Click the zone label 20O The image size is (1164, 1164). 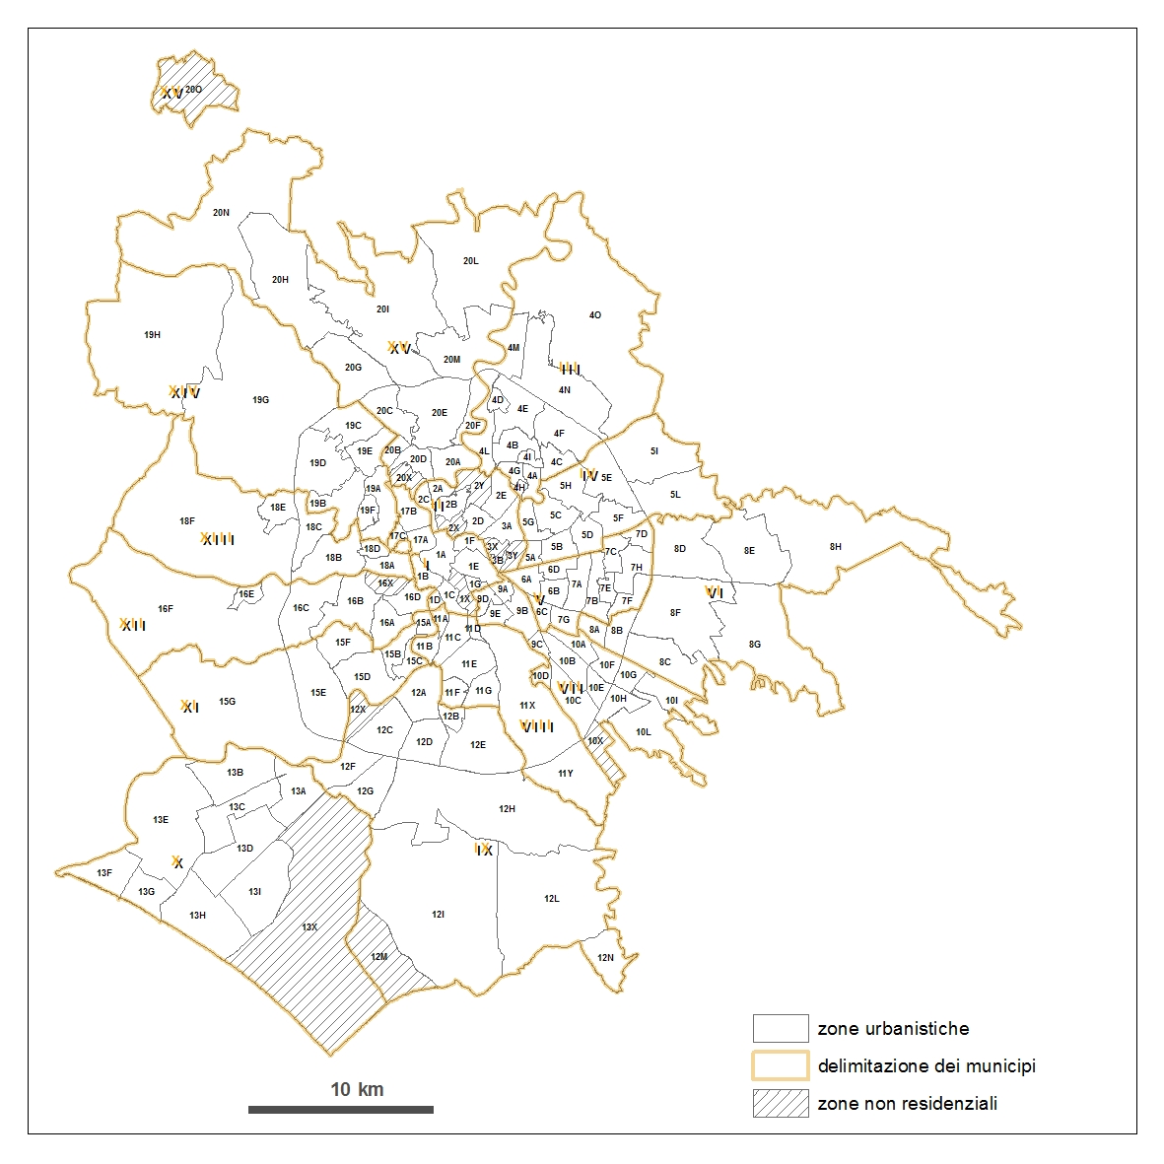[x=194, y=90]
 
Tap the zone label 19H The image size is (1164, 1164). [x=152, y=335]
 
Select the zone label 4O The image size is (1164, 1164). [x=595, y=315]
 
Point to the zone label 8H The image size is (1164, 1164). [x=836, y=546]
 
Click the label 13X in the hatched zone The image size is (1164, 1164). [x=309, y=927]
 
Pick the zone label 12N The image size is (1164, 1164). [x=605, y=958]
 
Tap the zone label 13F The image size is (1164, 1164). [x=104, y=873]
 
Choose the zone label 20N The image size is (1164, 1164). [x=221, y=212]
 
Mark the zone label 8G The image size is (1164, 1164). [x=755, y=645]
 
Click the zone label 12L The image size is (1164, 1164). [x=552, y=899]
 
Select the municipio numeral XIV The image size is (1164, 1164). [x=184, y=393]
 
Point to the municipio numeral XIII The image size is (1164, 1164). [x=217, y=539]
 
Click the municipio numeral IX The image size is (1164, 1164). [x=483, y=850]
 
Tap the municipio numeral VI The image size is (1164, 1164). [x=715, y=592]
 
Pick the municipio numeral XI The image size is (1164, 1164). [x=189, y=707]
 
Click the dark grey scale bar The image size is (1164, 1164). [x=340, y=1110]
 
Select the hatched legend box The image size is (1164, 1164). [x=781, y=1104]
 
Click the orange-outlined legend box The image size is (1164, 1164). [x=781, y=1066]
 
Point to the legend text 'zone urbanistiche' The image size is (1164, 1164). [x=893, y=1029]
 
